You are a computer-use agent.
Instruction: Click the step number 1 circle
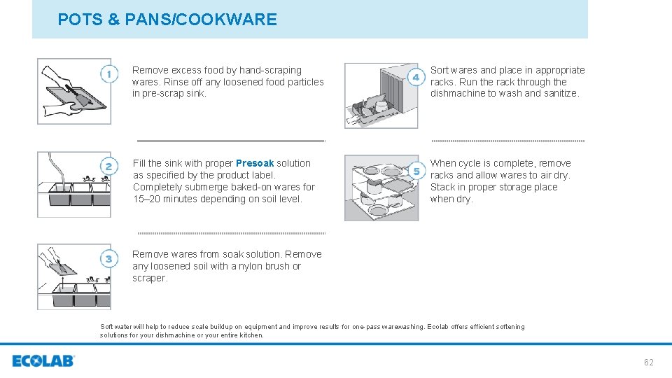point(108,74)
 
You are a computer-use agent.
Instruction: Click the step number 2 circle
point(108,167)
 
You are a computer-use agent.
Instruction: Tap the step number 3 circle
point(108,259)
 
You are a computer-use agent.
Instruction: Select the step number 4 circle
point(416,77)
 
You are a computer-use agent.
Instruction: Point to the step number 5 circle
point(416,171)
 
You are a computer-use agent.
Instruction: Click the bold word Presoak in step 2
point(255,163)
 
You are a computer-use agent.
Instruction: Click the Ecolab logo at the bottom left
point(43,361)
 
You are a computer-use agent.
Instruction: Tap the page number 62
point(648,362)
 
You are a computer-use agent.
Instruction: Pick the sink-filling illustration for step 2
point(73,185)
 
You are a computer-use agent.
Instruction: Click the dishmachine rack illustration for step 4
point(381,96)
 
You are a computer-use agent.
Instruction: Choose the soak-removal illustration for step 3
point(73,276)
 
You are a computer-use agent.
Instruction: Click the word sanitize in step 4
point(559,94)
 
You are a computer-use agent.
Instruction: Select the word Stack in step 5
point(443,187)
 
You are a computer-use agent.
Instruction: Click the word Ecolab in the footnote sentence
point(440,327)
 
